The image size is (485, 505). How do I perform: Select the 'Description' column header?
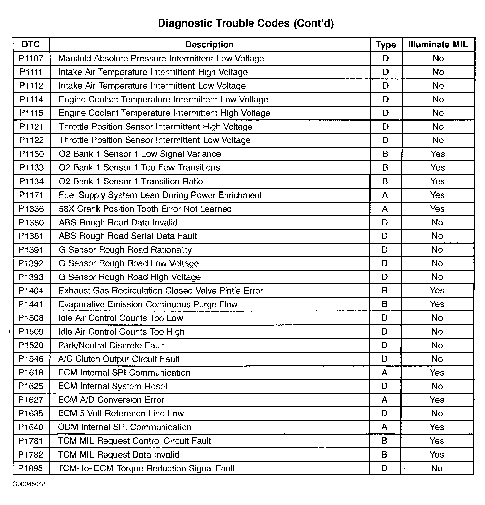pyautogui.click(x=209, y=44)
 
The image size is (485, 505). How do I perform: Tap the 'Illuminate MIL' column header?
pyautogui.click(x=438, y=44)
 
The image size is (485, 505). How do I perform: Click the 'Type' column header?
pyautogui.click(x=385, y=44)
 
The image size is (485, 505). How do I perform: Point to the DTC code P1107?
pyautogui.click(x=31, y=59)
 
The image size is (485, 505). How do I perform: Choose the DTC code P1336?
pyautogui.click(x=31, y=209)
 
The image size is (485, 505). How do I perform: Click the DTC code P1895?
pyautogui.click(x=30, y=468)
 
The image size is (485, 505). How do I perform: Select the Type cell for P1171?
pyautogui.click(x=385, y=195)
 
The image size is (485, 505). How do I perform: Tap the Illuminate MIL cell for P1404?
pyautogui.click(x=437, y=291)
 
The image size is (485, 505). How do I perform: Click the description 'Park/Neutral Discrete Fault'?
pyautogui.click(x=111, y=345)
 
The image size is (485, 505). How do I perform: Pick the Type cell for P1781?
pyautogui.click(x=384, y=441)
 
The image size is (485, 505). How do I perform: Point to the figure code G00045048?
pyautogui.click(x=29, y=484)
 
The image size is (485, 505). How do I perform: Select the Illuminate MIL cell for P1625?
pyautogui.click(x=437, y=386)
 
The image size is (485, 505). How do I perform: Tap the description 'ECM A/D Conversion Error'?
pyautogui.click(x=111, y=400)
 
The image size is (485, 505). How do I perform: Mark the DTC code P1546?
pyautogui.click(x=31, y=359)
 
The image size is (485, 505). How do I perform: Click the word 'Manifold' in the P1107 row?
pyautogui.click(x=75, y=59)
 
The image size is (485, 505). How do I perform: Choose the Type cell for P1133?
pyautogui.click(x=385, y=168)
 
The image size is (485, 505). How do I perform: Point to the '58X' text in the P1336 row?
pyautogui.click(x=66, y=209)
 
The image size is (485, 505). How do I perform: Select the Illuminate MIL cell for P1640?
pyautogui.click(x=437, y=427)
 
